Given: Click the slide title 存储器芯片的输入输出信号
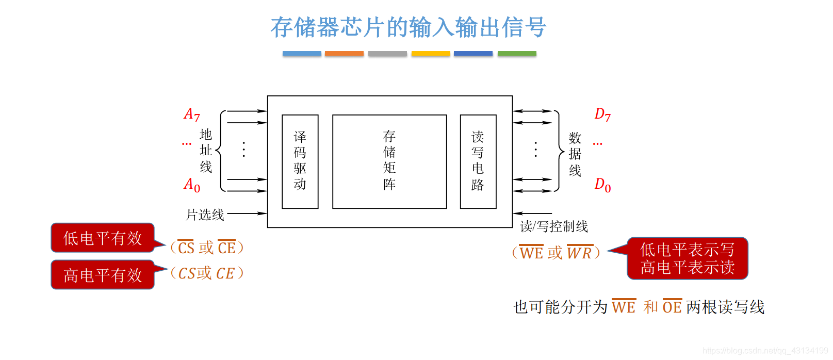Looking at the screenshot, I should pyautogui.click(x=408, y=27).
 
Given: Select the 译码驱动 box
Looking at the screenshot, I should pyautogui.click(x=300, y=161).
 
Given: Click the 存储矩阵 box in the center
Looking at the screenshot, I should pyautogui.click(x=389, y=161).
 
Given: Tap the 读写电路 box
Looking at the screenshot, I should pyautogui.click(x=478, y=161).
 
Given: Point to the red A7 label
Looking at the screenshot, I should pyautogui.click(x=192, y=114).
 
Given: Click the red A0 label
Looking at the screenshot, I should pyautogui.click(x=192, y=185).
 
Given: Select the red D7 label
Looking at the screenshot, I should pyautogui.click(x=602, y=114).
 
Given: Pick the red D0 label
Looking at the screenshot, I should pyautogui.click(x=602, y=185).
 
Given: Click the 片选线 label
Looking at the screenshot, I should pyautogui.click(x=205, y=215).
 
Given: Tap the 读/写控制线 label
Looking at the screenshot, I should pyautogui.click(x=554, y=226).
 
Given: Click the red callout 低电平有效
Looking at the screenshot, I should pyautogui.click(x=103, y=238).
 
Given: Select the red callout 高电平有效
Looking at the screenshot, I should pyautogui.click(x=103, y=275).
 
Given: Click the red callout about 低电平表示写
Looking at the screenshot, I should pyautogui.click(x=687, y=258).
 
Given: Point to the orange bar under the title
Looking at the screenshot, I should pyautogui.click(x=344, y=54).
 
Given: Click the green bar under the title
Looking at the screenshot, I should pyautogui.click(x=517, y=54).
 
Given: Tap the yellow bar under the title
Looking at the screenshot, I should pyautogui.click(x=431, y=54).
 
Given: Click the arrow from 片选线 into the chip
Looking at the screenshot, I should pyautogui.click(x=247, y=213).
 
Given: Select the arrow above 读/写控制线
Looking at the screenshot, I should pyautogui.click(x=532, y=213).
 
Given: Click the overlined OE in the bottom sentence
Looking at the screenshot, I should pyautogui.click(x=672, y=307).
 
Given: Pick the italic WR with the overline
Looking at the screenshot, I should pyautogui.click(x=580, y=253).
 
